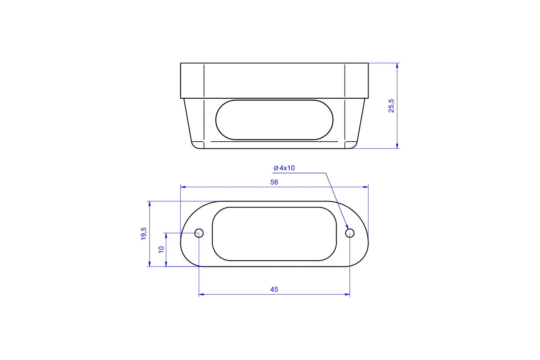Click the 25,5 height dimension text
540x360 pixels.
[x=391, y=106]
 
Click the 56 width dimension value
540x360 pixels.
[x=274, y=182]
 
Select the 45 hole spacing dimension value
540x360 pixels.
[x=274, y=289]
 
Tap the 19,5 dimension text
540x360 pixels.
[x=144, y=234]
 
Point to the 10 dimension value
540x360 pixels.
[x=161, y=249]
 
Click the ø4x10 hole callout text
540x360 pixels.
[x=284, y=168]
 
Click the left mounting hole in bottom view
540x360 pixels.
[x=199, y=233]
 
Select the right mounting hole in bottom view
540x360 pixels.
[x=350, y=233]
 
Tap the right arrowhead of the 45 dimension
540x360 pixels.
[x=347, y=295]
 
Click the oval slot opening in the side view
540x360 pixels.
[x=274, y=120]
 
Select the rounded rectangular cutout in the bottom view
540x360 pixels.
[x=274, y=234]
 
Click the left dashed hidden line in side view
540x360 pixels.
[x=204, y=105]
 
